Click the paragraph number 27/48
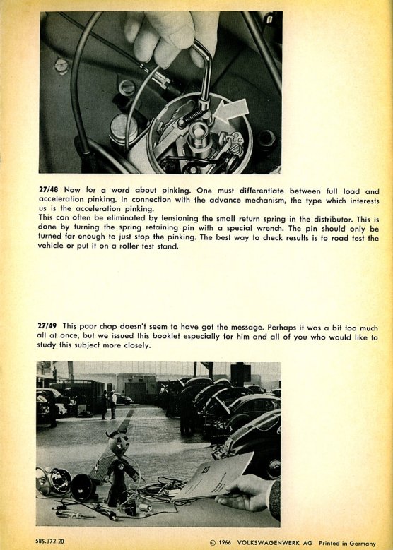(49, 190)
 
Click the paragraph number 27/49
(47, 326)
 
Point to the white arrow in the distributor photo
(231, 110)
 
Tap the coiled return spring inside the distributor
(193, 117)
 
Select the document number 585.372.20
(50, 542)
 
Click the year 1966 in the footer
(225, 543)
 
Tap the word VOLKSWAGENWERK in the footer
(270, 543)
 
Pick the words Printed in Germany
(347, 544)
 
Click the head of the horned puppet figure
(118, 443)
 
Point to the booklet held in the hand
(213, 477)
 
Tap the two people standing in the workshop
(108, 405)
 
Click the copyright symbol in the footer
(213, 543)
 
